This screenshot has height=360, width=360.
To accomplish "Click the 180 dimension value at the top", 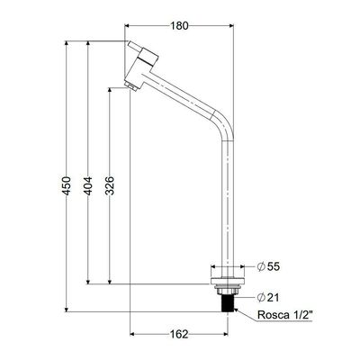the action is (180, 26).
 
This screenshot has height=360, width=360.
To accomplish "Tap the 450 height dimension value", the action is (67, 186).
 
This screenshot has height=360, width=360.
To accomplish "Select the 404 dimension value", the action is (88, 186).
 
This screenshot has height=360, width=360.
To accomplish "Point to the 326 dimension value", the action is (110, 186).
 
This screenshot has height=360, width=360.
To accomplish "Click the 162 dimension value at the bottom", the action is (179, 334).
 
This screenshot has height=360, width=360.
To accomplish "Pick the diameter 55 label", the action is (268, 266).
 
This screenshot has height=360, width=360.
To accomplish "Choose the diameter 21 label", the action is (268, 298).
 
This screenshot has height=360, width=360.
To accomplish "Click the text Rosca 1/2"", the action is (285, 315).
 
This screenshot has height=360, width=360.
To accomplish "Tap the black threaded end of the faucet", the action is (228, 303).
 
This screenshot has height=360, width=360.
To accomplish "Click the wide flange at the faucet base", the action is (228, 282).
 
